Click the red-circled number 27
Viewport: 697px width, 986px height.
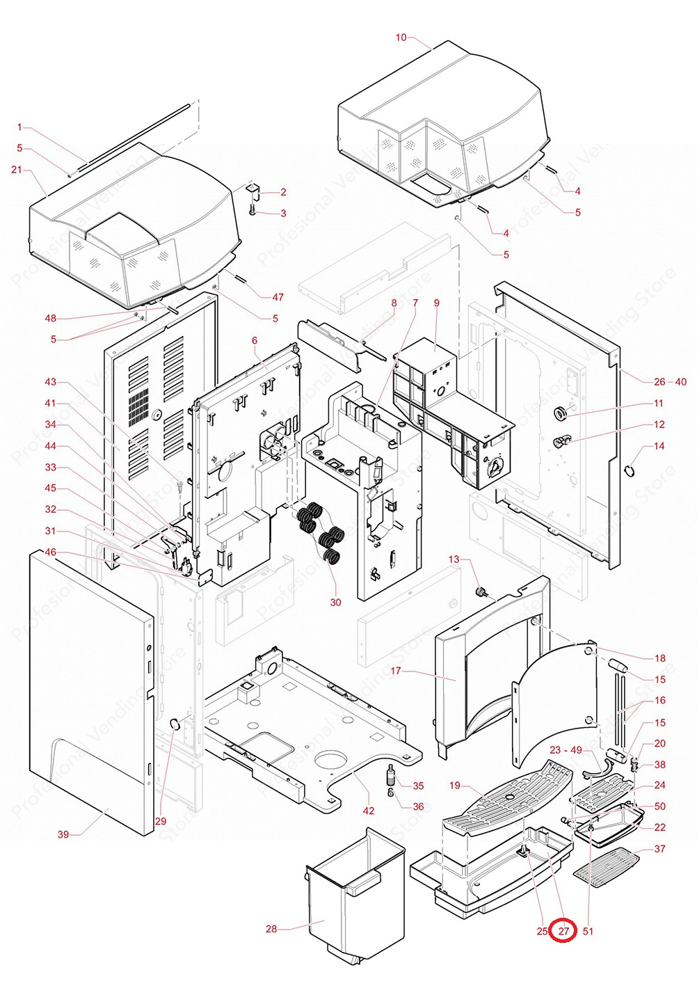point(563,930)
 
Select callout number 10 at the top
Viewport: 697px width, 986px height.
point(401,38)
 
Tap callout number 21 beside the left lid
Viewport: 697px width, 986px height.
point(17,169)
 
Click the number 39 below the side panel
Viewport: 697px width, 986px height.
point(63,834)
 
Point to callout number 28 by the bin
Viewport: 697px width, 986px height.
point(271,929)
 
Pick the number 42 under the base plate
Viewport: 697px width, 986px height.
point(368,811)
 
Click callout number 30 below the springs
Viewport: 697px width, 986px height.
point(335,603)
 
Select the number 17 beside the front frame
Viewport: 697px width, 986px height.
point(396,671)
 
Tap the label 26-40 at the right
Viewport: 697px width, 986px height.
point(670,381)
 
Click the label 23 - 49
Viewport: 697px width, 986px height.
point(566,749)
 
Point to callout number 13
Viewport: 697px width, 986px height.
point(454,559)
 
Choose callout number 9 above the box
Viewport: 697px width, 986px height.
point(437,303)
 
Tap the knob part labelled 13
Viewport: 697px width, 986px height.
point(480,592)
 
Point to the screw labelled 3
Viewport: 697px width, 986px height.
point(253,211)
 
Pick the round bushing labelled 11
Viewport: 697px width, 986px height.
point(560,415)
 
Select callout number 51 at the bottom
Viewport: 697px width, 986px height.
point(588,931)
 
